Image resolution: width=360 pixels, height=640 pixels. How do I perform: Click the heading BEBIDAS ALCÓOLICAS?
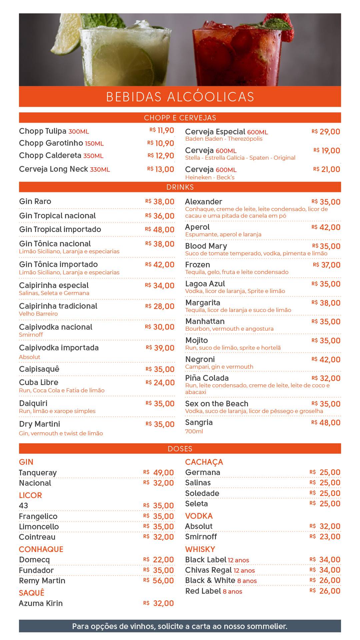pyautogui.click(x=180, y=96)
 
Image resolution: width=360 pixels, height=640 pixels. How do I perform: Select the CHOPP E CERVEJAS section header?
pyautogui.click(x=180, y=118)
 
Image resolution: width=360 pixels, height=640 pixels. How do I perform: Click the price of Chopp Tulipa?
pyautogui.click(x=162, y=131)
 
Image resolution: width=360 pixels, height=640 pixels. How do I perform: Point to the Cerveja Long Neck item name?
pyautogui.click(x=53, y=169)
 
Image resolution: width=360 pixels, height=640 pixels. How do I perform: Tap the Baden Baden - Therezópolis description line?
pyautogui.click(x=224, y=139)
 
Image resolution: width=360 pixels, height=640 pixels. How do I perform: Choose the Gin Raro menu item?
pyautogui.click(x=35, y=201)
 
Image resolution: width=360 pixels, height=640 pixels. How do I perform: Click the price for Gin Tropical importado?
pyautogui.click(x=160, y=230)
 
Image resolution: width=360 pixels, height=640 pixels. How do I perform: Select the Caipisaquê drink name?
pyautogui.click(x=39, y=369)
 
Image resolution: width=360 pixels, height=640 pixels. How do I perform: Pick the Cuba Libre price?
pyautogui.click(x=160, y=383)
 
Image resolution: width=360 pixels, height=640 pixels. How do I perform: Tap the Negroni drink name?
pyautogui.click(x=200, y=359)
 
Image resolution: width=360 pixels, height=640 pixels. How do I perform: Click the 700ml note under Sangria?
pyautogui.click(x=194, y=431)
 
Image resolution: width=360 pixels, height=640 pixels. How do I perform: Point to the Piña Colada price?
pyautogui.click(x=326, y=378)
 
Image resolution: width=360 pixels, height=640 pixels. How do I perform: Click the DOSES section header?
pyautogui.click(x=180, y=449)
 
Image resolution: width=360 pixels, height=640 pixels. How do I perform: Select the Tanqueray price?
pyautogui.click(x=159, y=473)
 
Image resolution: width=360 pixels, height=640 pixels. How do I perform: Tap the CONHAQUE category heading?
pyautogui.click(x=41, y=549)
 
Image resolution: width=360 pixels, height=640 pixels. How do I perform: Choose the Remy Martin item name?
pyautogui.click(x=42, y=581)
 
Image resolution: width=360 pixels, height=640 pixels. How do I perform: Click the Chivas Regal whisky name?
pyautogui.click(x=208, y=570)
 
